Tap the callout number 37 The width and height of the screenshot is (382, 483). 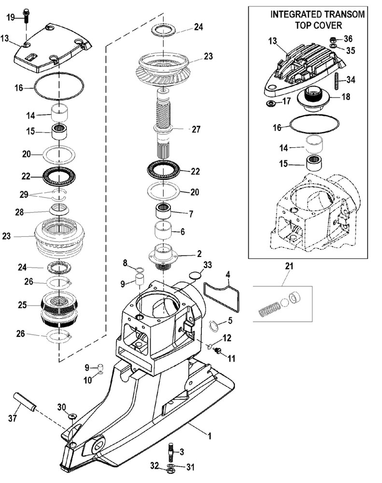pyautogui.click(x=13, y=418)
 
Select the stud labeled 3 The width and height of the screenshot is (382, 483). pyautogui.click(x=171, y=451)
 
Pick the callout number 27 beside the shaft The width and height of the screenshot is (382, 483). pyautogui.click(x=196, y=129)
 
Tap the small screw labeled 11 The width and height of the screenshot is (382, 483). pyautogui.click(x=219, y=351)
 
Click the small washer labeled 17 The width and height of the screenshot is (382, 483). pyautogui.click(x=271, y=103)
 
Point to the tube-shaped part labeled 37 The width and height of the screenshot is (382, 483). pyautogui.click(x=25, y=402)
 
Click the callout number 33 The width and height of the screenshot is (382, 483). pyautogui.click(x=208, y=265)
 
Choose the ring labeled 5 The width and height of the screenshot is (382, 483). pyautogui.click(x=213, y=326)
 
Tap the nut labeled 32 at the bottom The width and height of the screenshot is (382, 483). pyautogui.click(x=169, y=471)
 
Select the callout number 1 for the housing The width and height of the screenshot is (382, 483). pyautogui.click(x=210, y=436)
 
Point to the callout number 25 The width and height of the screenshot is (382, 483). pyautogui.click(x=22, y=305)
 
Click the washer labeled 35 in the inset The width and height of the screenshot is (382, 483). pyautogui.click(x=333, y=46)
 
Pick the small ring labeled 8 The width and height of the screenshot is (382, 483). pyautogui.click(x=140, y=270)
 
